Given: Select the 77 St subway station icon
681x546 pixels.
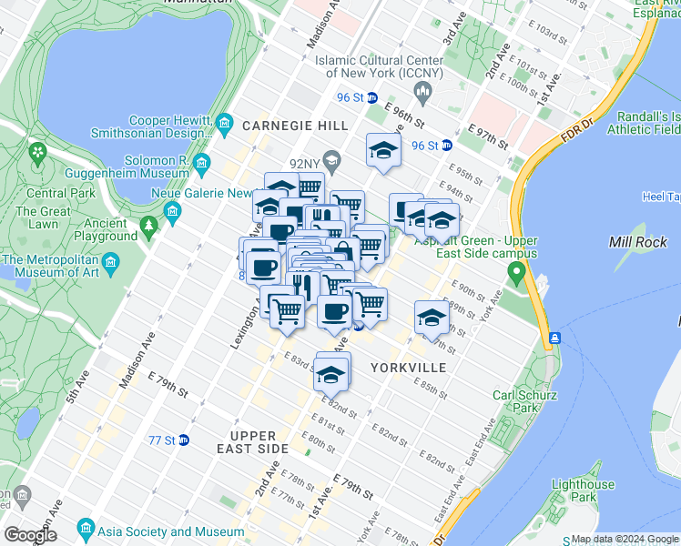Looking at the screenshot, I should click(183, 440).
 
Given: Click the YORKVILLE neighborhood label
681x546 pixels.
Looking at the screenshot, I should click(409, 368).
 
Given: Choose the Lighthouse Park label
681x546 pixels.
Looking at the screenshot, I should click(583, 490).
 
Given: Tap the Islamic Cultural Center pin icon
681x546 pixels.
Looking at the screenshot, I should click(422, 91).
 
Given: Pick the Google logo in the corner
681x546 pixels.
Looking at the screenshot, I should click(32, 535).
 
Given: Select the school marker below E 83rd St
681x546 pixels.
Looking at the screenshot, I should click(331, 373).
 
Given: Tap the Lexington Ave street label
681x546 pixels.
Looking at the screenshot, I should click(240, 325).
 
